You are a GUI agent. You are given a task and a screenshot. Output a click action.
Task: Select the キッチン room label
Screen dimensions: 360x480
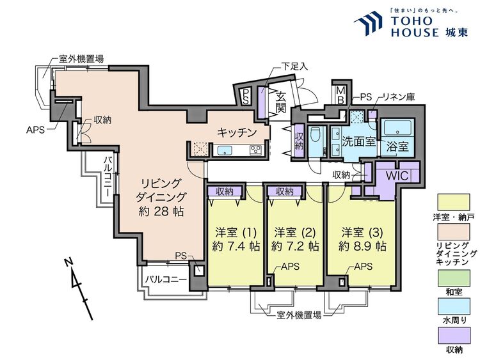coord(237,132)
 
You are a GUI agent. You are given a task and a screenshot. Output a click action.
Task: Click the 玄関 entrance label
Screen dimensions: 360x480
coord(280,102)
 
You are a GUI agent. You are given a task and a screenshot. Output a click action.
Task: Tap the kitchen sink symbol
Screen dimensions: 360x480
coord(225,151)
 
